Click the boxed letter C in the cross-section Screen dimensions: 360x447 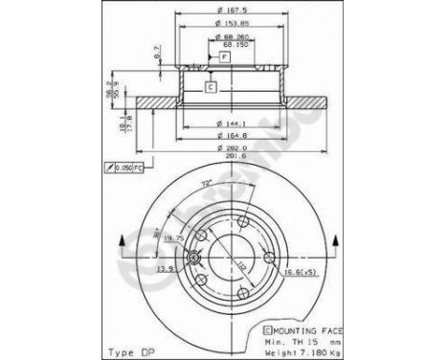point(210,87)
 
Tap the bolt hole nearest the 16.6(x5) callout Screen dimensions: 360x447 point(271,255)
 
